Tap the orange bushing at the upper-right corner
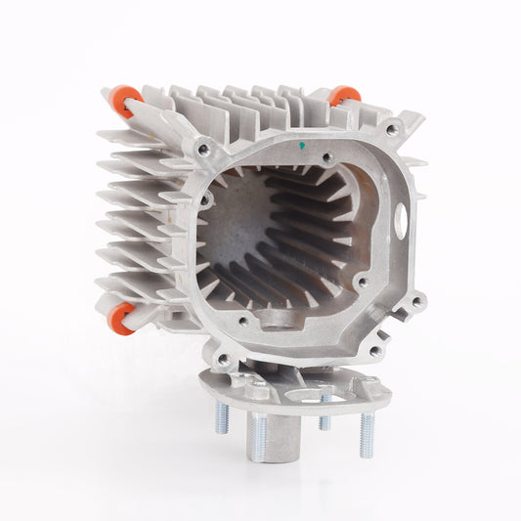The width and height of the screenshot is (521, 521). click(344, 96)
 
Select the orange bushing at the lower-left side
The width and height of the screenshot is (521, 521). click(121, 319)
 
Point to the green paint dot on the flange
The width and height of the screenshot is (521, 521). click(303, 147)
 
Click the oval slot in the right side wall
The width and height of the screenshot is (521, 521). click(401, 219)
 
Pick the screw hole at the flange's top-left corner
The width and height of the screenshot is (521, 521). click(203, 150)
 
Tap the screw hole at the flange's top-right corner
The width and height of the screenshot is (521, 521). click(392, 128)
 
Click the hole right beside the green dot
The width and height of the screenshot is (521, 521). click(328, 156)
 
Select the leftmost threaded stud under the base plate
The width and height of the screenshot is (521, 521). click(222, 418)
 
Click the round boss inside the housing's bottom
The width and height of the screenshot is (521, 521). click(279, 319)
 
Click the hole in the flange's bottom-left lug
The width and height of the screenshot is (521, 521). click(224, 360)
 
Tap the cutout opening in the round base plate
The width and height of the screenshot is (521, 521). click(318, 397)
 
